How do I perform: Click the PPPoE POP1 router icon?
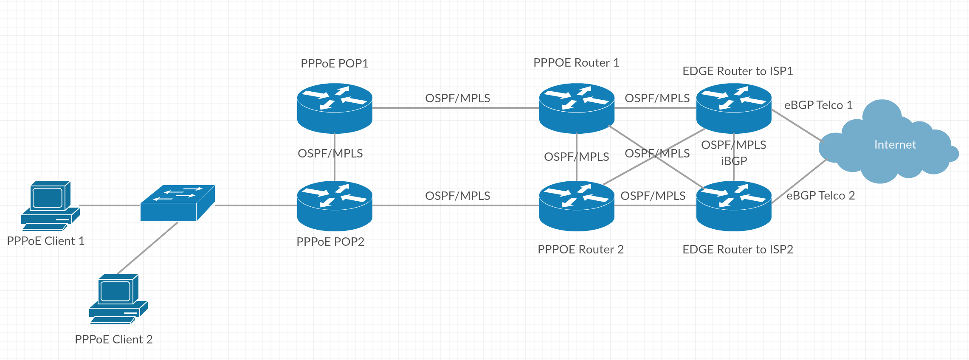point(335,108)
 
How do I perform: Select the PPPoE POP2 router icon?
point(335,206)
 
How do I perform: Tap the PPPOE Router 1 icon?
point(576,108)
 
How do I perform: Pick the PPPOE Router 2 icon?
point(576,206)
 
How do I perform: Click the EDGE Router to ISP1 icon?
point(733,108)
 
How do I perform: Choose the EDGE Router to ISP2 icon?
point(733,206)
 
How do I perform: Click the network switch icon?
point(177,203)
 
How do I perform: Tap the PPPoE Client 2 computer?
point(118,299)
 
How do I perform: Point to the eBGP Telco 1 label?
point(818,105)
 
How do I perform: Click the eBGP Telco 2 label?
point(820,195)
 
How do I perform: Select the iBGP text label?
point(733,161)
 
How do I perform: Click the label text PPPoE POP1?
point(334,63)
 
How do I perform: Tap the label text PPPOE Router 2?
point(580,249)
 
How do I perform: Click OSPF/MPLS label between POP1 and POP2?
point(330,153)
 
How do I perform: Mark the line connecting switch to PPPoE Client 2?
point(147,248)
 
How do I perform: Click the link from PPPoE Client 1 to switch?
point(110,205)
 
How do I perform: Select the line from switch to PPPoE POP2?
point(256,205)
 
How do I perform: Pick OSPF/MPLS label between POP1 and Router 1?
point(457,98)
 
